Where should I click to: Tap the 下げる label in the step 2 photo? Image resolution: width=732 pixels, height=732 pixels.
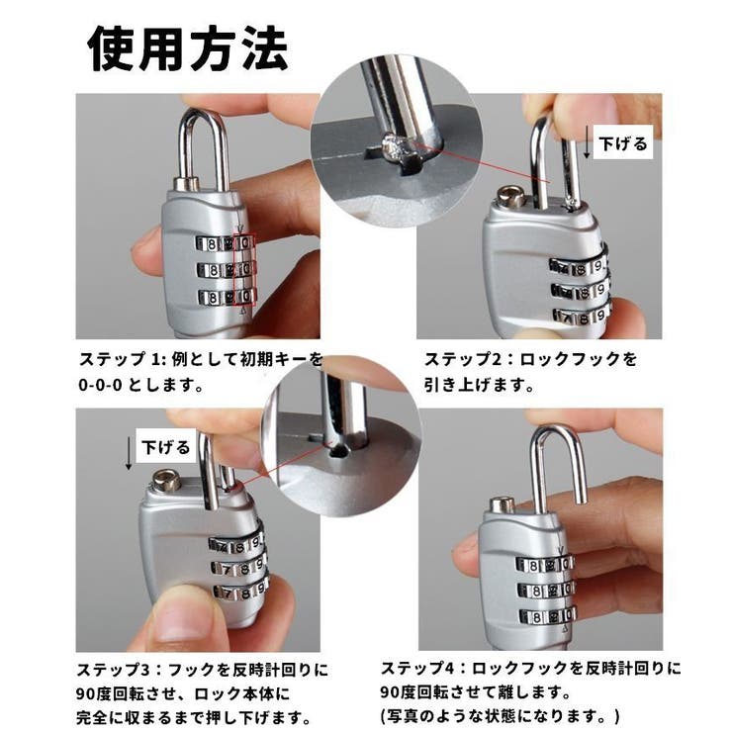[625, 143]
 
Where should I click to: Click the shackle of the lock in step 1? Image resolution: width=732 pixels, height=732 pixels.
[204, 138]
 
